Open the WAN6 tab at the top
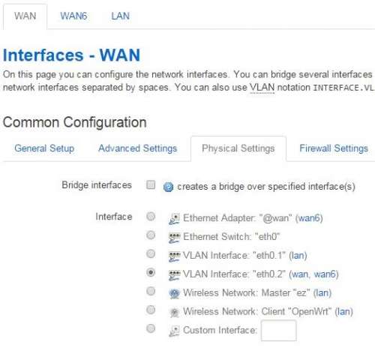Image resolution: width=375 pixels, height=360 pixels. click(73, 16)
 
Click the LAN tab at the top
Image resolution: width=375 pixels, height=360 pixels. click(120, 16)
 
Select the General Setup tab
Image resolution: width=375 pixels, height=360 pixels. click(44, 148)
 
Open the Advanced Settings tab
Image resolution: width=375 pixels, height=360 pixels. click(138, 148)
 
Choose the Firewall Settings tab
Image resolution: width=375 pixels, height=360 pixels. click(334, 148)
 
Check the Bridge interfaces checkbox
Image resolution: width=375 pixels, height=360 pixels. click(151, 185)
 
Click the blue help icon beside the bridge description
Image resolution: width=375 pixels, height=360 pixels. click(168, 187)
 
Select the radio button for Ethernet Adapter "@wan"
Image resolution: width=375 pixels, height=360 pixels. click(151, 217)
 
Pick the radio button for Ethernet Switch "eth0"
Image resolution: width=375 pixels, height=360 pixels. click(151, 235)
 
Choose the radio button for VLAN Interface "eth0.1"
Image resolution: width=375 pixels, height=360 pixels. click(151, 254)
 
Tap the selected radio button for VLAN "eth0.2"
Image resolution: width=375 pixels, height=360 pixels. click(151, 272)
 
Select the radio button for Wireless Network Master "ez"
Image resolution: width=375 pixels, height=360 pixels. click(151, 291)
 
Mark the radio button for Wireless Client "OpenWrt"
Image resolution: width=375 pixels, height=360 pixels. click(151, 310)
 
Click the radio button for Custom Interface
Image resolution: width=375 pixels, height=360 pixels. click(151, 328)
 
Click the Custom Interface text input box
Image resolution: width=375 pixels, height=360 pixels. click(279, 331)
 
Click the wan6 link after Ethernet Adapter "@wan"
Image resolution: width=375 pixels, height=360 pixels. click(309, 218)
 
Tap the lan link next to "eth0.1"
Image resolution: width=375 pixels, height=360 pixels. click(298, 256)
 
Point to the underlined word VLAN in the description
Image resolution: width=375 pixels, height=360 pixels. click(262, 88)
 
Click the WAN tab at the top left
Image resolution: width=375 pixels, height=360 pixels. click(25, 16)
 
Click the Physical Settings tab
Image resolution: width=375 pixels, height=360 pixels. click(238, 148)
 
